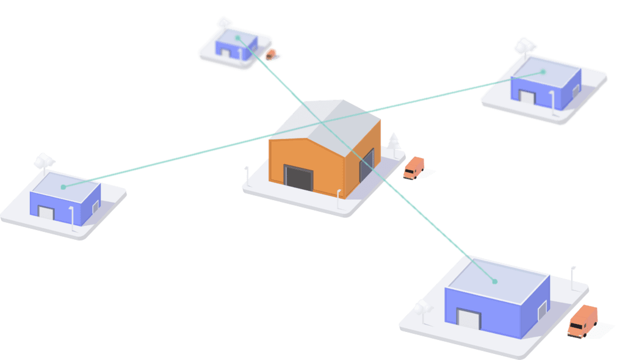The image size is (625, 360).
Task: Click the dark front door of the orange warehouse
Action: coord(298,178)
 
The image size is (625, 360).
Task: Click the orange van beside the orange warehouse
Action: coord(414,168)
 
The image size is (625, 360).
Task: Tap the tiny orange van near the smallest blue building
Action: coord(270,54)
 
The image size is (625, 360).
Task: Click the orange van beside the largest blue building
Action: coord(582,320)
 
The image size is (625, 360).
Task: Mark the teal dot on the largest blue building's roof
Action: coord(494,282)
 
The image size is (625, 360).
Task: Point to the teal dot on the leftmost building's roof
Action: coord(63,186)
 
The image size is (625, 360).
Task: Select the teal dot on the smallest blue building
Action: coord(237,38)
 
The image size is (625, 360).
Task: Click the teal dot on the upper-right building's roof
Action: coord(543,72)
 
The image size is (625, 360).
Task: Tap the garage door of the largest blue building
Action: coord(469,320)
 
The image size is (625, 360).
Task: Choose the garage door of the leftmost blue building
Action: coord(46,212)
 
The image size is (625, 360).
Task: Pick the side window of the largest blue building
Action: coord(540,313)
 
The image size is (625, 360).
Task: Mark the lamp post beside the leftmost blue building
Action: coord(73,217)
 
